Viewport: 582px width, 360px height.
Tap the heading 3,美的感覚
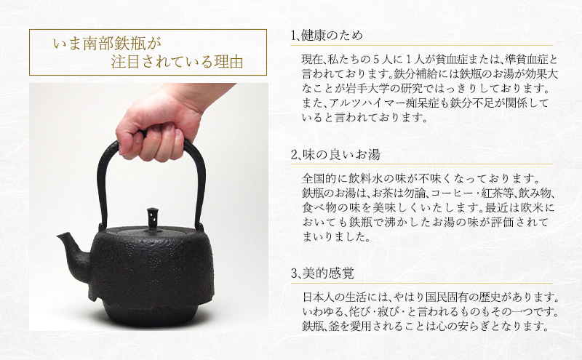click(x=322, y=274)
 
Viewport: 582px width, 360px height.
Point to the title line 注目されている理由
click(x=178, y=62)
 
